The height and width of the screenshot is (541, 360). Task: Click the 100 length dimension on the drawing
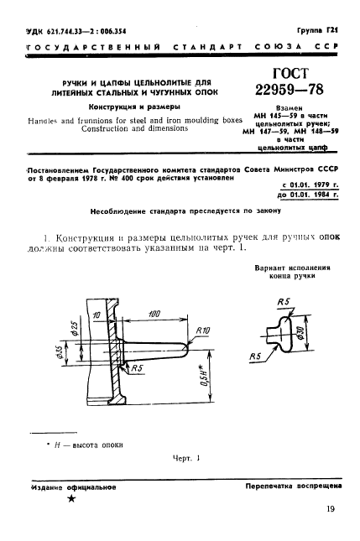point(153,313)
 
